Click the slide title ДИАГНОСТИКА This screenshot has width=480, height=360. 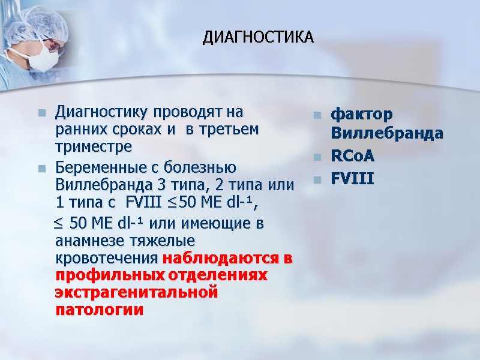point(258,38)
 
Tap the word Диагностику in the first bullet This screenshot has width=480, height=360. point(100,112)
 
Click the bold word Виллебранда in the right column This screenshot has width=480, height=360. point(386,133)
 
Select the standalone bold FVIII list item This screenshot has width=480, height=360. point(352,179)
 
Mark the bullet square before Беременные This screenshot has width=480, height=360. point(42,169)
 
